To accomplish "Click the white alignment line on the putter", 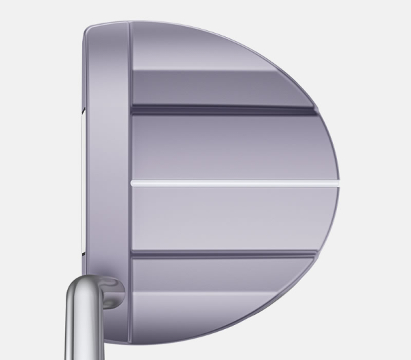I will pyautogui.click(x=233, y=183).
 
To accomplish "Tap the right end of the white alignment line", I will pyautogui.click(x=336, y=183).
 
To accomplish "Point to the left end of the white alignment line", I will pyautogui.click(x=132, y=183).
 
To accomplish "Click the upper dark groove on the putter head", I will pyautogui.click(x=219, y=110).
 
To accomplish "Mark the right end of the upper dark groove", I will pyautogui.click(x=314, y=110).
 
